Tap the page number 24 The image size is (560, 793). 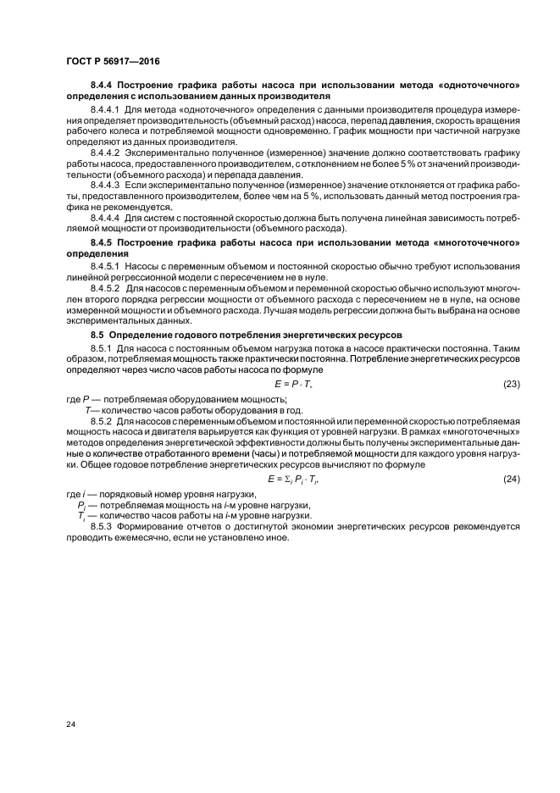pyautogui.click(x=69, y=724)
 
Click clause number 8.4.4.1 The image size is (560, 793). pyautogui.click(x=106, y=109)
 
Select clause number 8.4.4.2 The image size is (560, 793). pyautogui.click(x=106, y=148)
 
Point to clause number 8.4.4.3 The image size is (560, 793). pyautogui.click(x=106, y=183)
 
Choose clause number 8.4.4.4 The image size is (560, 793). pyautogui.click(x=106, y=218)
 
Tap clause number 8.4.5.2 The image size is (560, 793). pyautogui.click(x=106, y=289)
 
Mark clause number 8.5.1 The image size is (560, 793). pyautogui.click(x=102, y=348)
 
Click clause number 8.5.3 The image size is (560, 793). pyautogui.click(x=102, y=526)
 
